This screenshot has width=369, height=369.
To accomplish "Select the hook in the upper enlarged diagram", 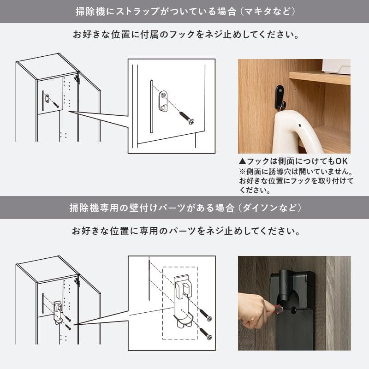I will pos(162,101).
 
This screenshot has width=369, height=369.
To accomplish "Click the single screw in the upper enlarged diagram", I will pos(187,116).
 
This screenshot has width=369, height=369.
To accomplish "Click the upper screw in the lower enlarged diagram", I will pos(205,315).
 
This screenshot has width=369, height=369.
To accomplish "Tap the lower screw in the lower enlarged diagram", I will pos(205,334).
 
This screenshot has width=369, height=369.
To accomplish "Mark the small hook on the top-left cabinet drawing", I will pos(47,98).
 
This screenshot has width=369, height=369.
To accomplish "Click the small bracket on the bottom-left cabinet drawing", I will pos(58,312).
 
